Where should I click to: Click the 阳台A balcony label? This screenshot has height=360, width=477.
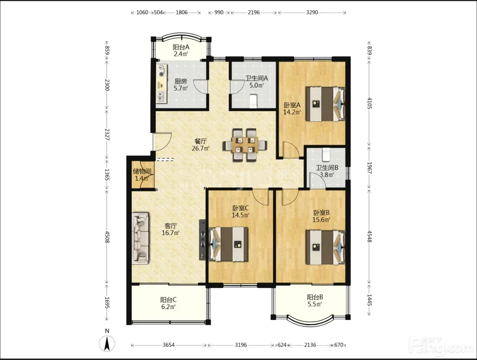181,47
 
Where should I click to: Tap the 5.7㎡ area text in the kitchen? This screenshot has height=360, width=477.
181,88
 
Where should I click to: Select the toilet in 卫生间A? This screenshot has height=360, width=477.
253,101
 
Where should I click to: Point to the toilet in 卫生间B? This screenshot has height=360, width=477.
326,155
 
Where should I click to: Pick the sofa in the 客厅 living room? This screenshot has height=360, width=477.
140,238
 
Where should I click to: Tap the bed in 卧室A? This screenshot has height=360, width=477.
325,104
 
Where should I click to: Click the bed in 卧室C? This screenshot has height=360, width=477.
228,244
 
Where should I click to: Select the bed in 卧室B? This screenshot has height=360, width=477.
325,247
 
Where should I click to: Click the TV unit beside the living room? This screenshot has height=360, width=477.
202,240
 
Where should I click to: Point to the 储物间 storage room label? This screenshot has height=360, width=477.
142,172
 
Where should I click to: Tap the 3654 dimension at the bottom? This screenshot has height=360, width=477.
169,345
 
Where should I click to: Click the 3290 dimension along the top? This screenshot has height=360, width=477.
312,12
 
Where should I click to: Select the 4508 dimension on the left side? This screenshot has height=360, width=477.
107,237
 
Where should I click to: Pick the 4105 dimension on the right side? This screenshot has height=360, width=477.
369,103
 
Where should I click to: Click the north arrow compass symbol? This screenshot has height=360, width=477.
107,344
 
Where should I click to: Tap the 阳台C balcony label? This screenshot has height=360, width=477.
168,300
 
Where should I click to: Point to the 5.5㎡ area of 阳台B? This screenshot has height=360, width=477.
315,304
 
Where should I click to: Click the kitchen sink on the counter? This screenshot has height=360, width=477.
161,97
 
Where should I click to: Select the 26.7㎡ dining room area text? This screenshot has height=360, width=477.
201,148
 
